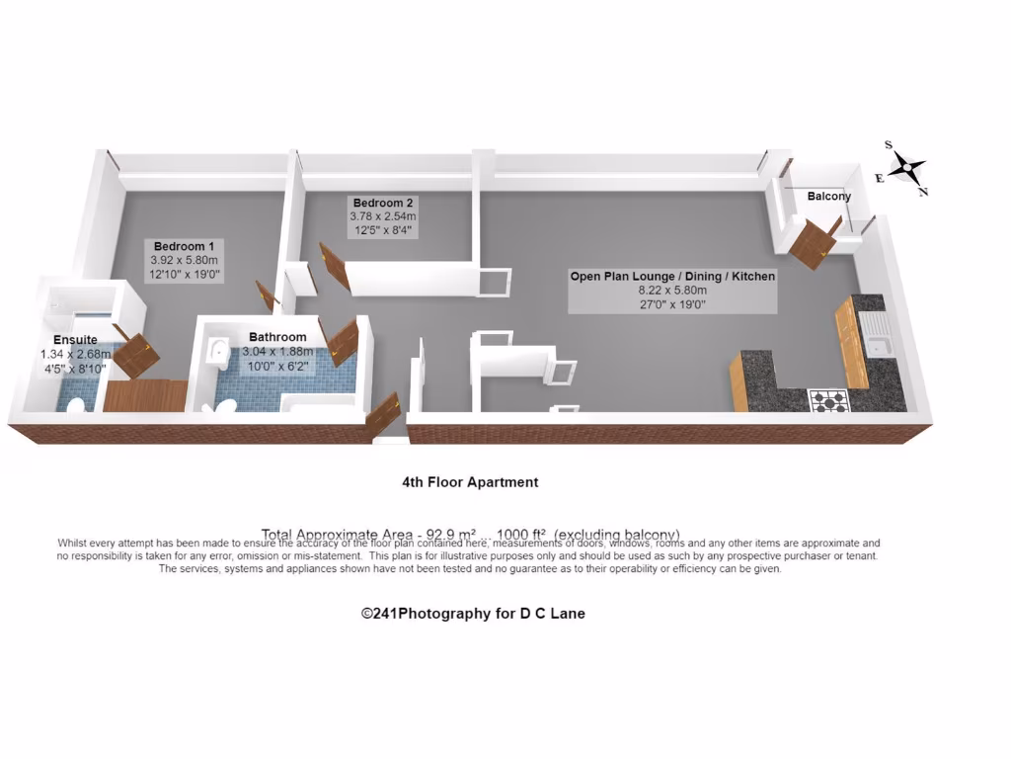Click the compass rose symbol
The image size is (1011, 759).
[x=906, y=169]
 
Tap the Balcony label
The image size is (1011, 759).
[x=828, y=196]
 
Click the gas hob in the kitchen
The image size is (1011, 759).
[x=828, y=400]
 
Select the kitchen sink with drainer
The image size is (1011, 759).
[x=876, y=335]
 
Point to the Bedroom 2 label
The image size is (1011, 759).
[x=382, y=203]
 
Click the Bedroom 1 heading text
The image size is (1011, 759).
[x=184, y=245]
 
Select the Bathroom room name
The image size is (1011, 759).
[x=277, y=337]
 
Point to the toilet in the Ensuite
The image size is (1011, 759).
[x=75, y=404]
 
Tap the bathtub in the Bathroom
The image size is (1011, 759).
[x=316, y=403]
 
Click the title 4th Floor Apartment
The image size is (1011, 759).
[x=470, y=482]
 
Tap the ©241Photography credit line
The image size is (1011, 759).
[x=473, y=614]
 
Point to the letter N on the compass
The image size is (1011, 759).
[x=923, y=192]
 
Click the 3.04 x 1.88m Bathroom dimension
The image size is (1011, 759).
[x=277, y=351]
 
